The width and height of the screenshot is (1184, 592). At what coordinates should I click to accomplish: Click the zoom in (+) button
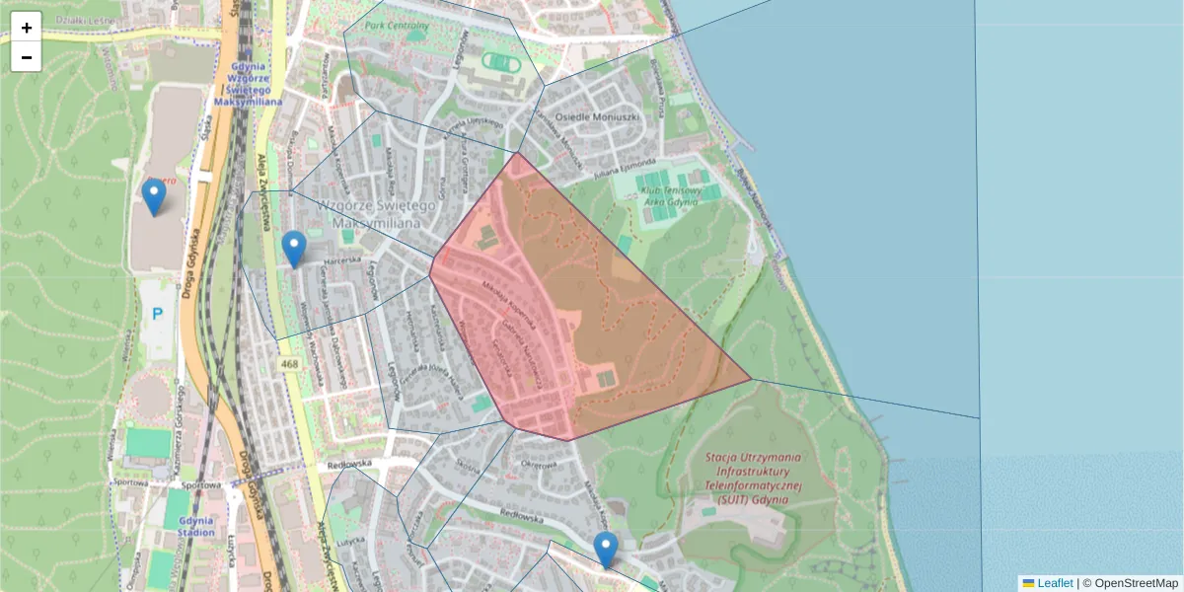[x=27, y=28]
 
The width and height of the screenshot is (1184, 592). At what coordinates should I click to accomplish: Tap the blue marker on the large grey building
[x=153, y=196]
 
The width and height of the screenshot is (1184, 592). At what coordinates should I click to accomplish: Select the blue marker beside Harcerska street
[x=294, y=249]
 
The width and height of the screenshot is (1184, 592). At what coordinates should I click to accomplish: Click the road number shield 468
[x=289, y=364]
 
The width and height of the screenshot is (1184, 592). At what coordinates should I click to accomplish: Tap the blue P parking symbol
[x=157, y=315]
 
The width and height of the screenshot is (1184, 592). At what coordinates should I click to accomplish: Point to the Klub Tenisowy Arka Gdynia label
[x=668, y=194]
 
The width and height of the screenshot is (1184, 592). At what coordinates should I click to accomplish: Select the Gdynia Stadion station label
[x=197, y=526]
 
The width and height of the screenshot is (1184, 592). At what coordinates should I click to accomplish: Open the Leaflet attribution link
[x=1055, y=583]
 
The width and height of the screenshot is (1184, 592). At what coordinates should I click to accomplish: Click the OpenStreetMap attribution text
[x=1136, y=583]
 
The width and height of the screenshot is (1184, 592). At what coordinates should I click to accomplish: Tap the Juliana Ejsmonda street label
[x=625, y=166]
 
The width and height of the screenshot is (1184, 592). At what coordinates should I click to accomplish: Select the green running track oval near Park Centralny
[x=502, y=64]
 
